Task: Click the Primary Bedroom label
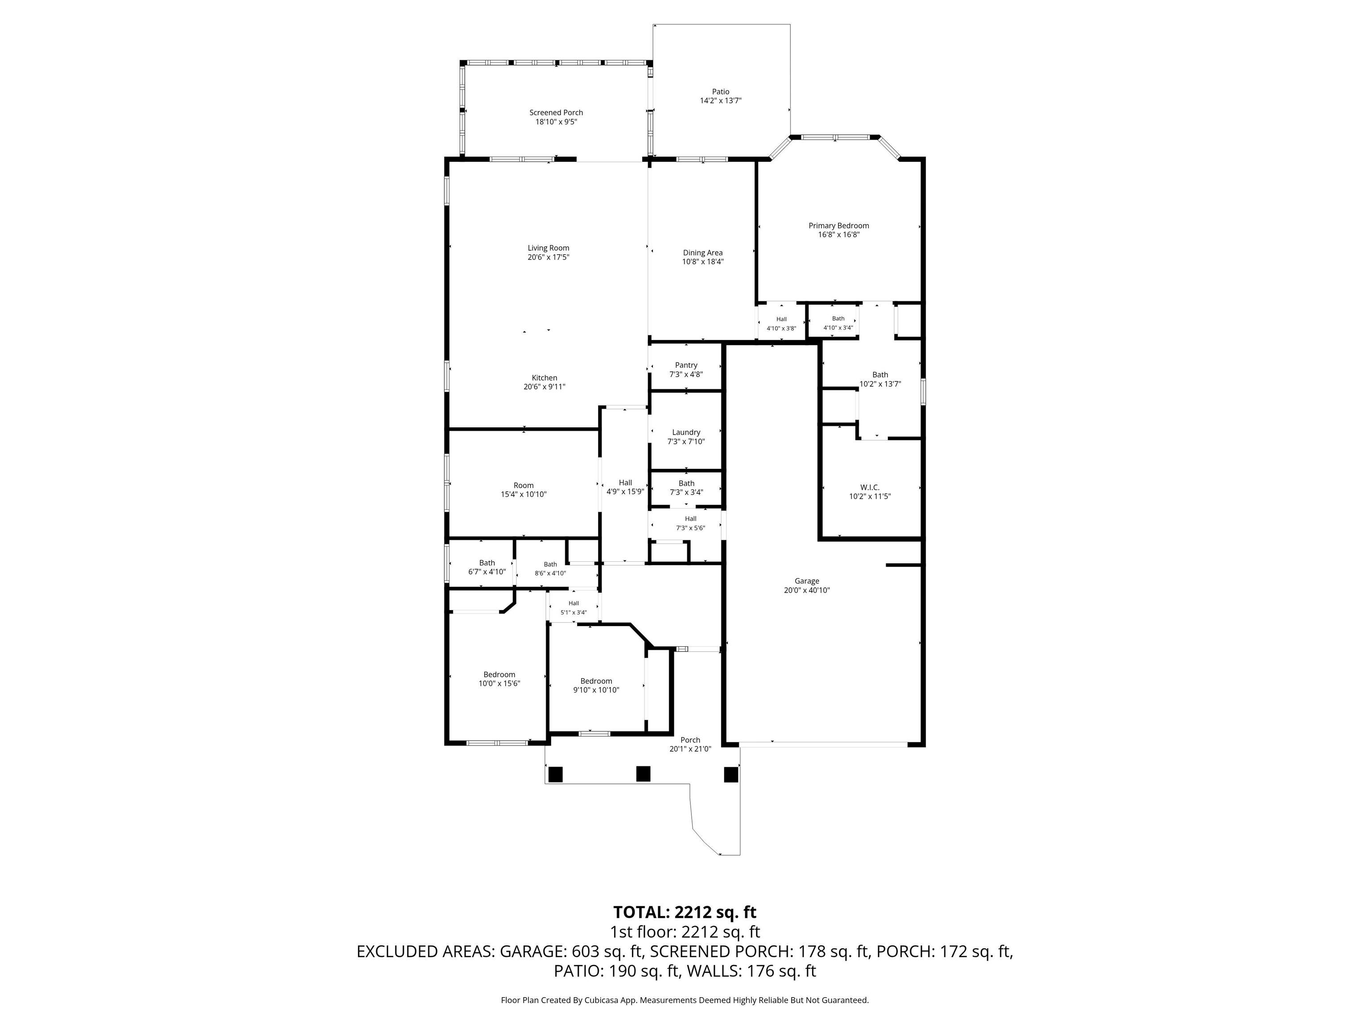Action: click(838, 226)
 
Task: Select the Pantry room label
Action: click(686, 365)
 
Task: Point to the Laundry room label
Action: click(686, 432)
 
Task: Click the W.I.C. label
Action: click(870, 488)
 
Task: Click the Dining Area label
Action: click(703, 253)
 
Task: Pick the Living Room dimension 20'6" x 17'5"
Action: click(549, 257)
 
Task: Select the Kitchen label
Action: click(545, 378)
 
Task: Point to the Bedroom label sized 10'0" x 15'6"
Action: click(499, 675)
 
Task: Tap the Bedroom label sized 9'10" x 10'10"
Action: click(596, 681)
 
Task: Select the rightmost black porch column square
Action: click(731, 774)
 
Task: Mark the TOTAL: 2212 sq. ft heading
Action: click(685, 912)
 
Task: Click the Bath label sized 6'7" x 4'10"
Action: click(487, 563)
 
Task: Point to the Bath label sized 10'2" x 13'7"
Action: click(880, 375)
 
